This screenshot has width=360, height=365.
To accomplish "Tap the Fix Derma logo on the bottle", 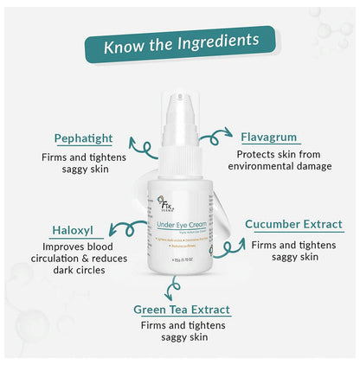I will [178, 205].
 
